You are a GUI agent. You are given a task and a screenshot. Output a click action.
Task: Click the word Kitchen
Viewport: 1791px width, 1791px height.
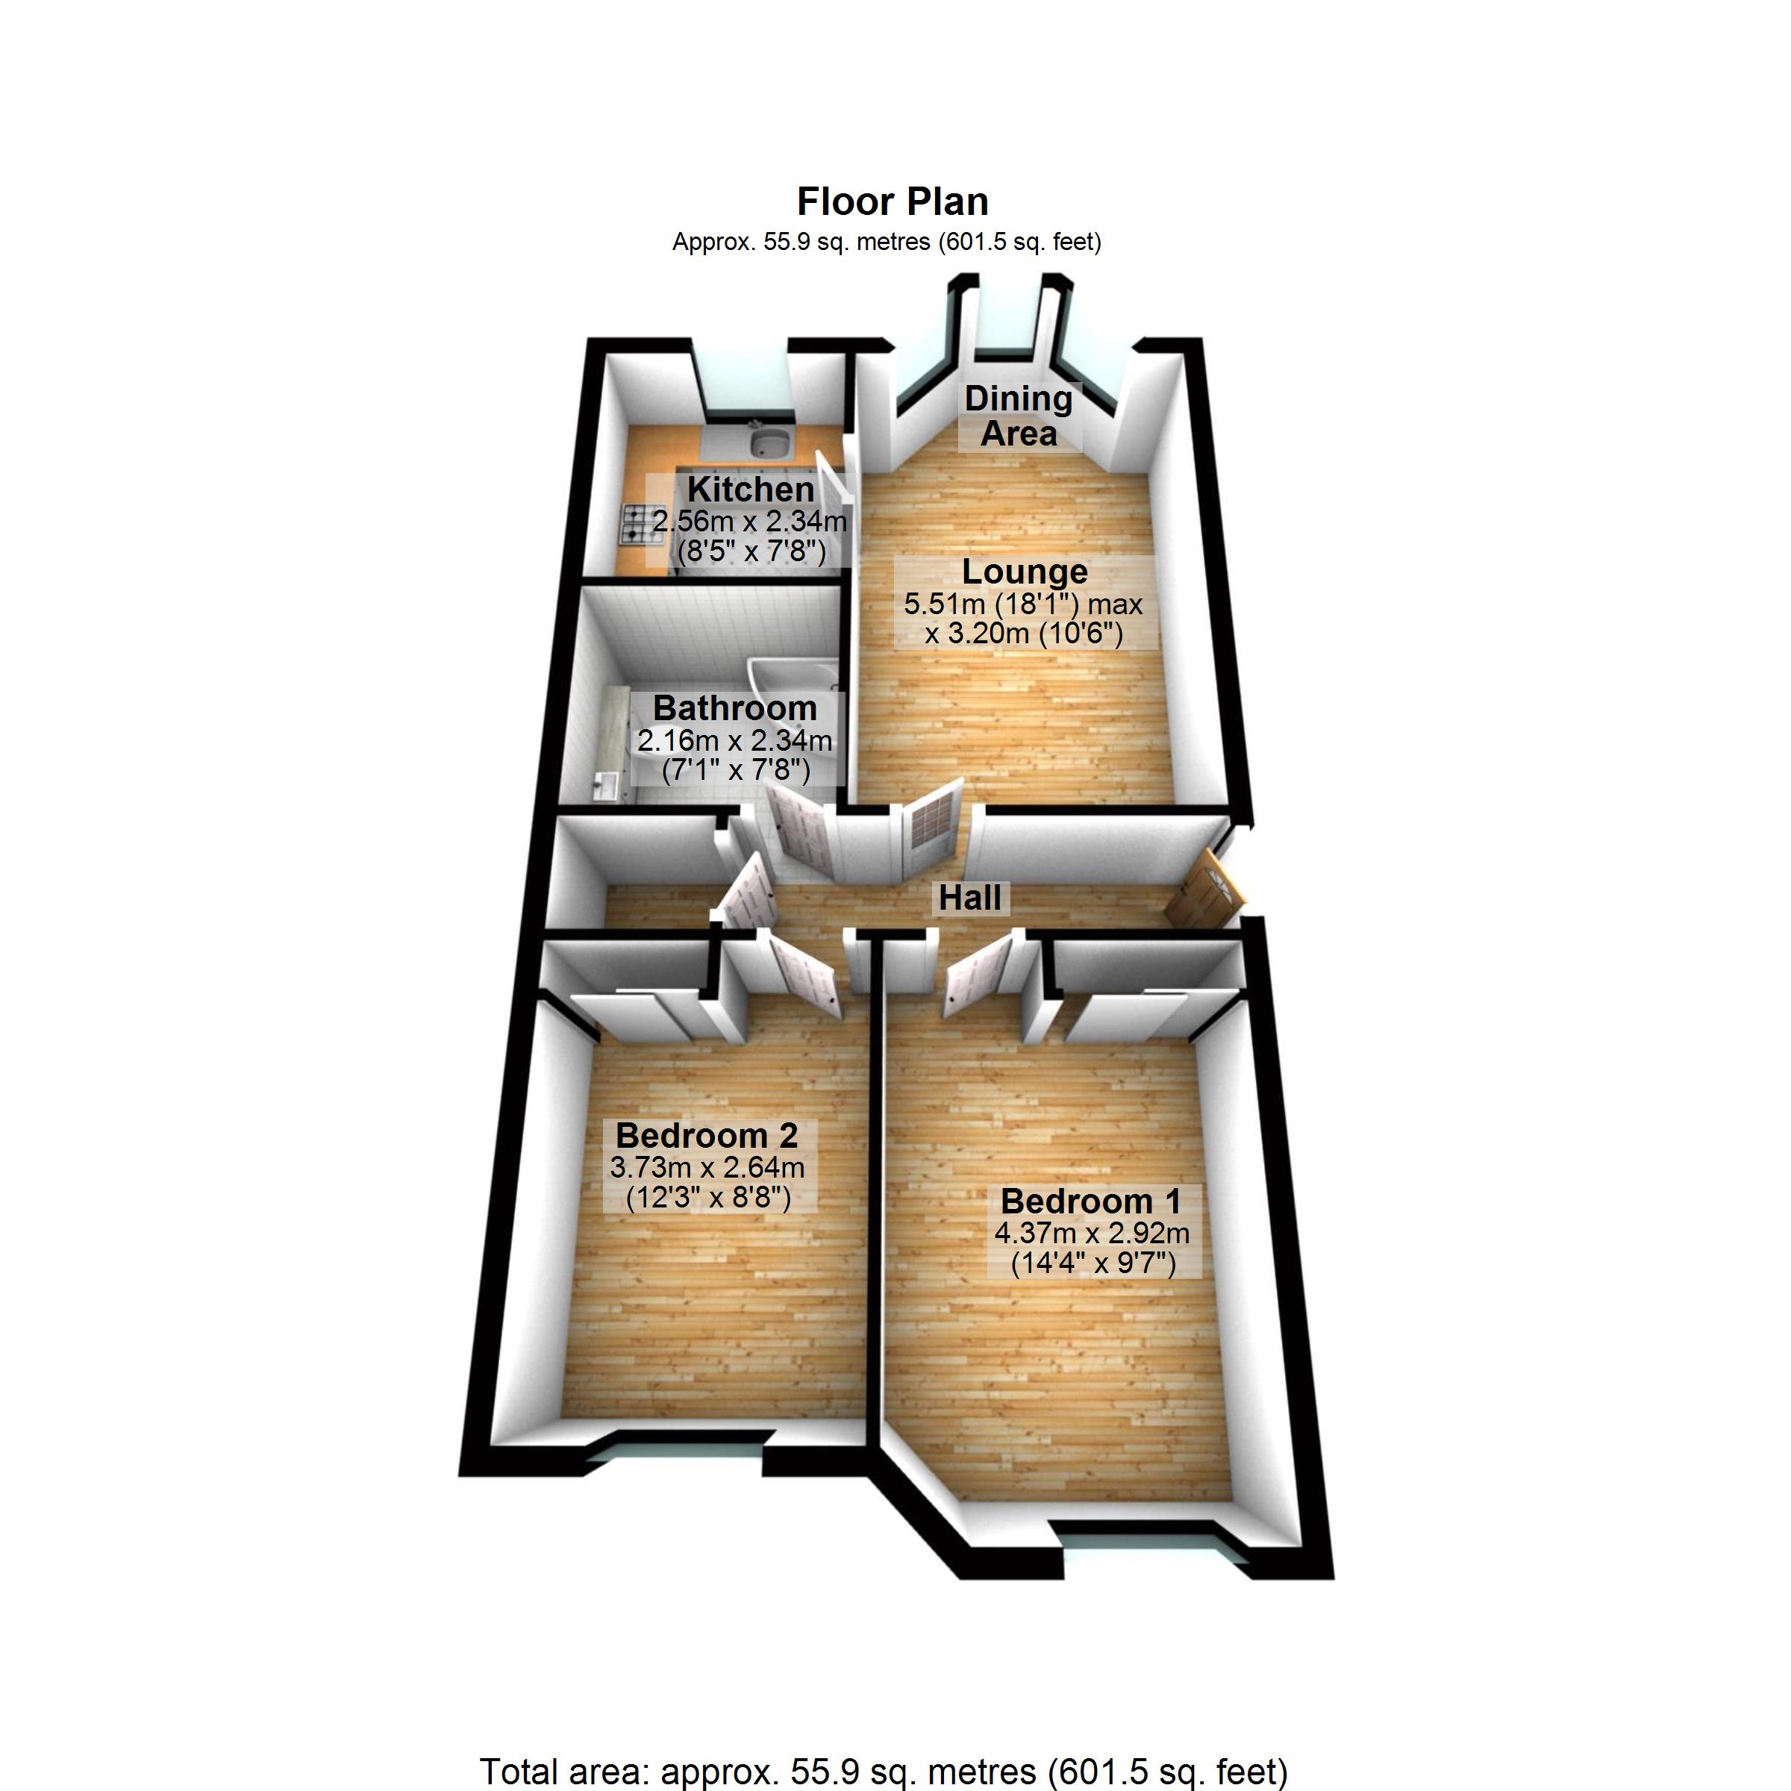pos(750,489)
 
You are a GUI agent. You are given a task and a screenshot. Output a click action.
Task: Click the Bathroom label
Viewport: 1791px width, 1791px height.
pos(735,708)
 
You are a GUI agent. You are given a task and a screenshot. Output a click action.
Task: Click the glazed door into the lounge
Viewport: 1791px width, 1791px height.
pos(931,816)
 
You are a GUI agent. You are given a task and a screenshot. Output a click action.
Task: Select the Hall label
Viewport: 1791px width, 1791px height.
pos(969,897)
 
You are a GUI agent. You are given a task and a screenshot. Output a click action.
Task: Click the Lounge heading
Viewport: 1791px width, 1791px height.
pos(1025,571)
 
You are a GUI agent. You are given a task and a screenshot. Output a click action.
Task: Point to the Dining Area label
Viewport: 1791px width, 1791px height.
pos(1018,416)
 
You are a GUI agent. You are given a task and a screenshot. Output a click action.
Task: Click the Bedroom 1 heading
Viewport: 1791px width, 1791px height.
pos(1091,1201)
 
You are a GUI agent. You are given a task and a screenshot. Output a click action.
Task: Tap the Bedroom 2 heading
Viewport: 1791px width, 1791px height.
pos(707,1136)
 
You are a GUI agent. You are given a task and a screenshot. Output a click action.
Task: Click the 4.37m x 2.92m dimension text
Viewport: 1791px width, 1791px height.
pos(1091,1234)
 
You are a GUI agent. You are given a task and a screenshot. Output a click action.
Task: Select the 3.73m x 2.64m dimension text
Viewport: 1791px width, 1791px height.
pos(707,1167)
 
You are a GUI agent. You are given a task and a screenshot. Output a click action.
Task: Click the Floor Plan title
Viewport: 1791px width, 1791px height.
pos(893,201)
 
